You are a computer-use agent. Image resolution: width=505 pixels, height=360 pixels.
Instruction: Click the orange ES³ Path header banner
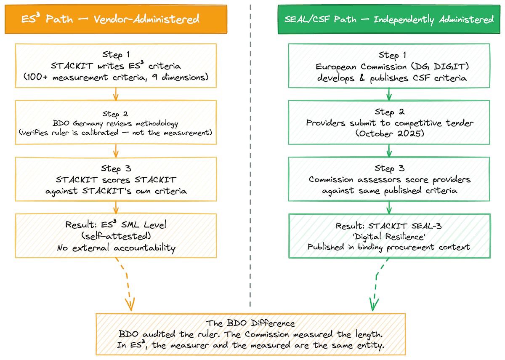[x=116, y=19]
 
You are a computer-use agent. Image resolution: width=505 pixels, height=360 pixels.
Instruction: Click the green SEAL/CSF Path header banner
[x=389, y=19]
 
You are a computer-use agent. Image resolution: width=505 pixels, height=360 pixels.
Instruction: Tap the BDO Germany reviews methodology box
[x=116, y=122]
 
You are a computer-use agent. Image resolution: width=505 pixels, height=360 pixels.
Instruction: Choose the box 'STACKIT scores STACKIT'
[x=116, y=179]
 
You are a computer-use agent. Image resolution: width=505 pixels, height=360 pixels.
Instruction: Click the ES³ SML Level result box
[x=116, y=236]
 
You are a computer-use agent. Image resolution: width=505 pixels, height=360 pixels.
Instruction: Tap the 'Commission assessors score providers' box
[x=389, y=179]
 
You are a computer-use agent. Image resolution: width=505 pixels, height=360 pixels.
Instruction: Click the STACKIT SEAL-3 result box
[x=389, y=236]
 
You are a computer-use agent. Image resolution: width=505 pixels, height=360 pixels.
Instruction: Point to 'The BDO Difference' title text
[x=250, y=323]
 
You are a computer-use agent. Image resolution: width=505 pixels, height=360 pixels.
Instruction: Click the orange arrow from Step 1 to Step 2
[x=116, y=94]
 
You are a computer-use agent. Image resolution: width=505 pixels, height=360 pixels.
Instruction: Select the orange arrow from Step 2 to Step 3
[x=116, y=151]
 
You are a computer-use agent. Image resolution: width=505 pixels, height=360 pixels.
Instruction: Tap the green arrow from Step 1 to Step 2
[x=389, y=94]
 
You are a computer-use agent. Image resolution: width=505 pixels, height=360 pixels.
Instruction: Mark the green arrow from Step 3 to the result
[x=389, y=207]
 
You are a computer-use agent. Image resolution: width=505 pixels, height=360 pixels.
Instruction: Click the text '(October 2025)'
[x=389, y=133]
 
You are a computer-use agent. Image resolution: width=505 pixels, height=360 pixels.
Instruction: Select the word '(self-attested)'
[x=116, y=236]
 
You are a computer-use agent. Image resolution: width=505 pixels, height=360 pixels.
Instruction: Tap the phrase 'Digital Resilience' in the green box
[x=389, y=236]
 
